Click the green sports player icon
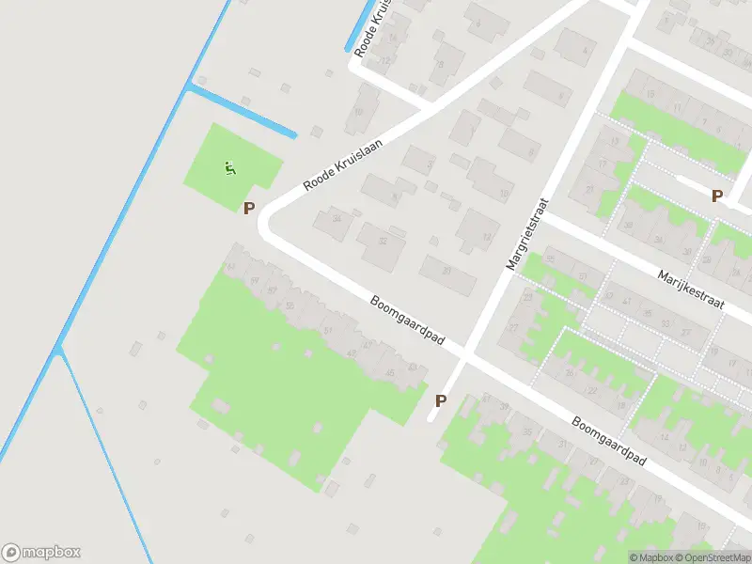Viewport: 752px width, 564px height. pyautogui.click(x=229, y=169)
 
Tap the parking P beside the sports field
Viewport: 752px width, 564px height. pyautogui.click(x=249, y=209)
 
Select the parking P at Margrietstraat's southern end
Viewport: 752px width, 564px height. pyautogui.click(x=440, y=400)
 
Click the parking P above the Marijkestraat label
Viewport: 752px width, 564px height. pyautogui.click(x=717, y=196)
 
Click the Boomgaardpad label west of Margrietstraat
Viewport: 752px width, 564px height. pyautogui.click(x=407, y=321)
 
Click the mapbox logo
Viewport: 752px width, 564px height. pyautogui.click(x=40, y=553)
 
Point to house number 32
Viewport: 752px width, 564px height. pyautogui.click(x=382, y=242)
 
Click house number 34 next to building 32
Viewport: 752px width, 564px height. pyautogui.click(x=336, y=220)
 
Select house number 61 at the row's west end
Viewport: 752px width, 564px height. pyautogui.click(x=230, y=267)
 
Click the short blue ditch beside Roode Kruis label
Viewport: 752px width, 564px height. pyautogui.click(x=360, y=27)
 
